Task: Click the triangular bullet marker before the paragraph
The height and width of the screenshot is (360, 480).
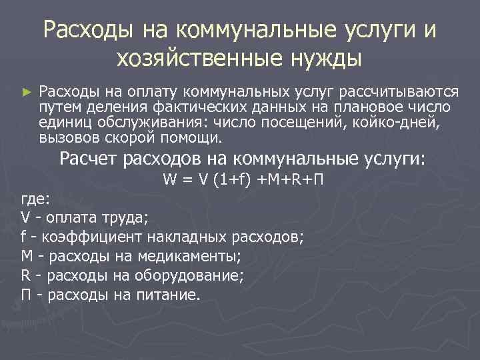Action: [26, 91]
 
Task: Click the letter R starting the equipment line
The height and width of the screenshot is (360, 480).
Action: [25, 275]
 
